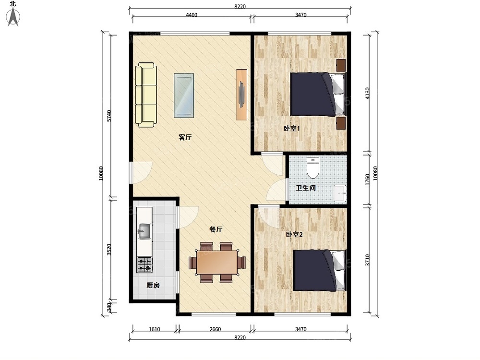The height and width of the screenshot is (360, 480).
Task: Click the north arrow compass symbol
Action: point(13,17)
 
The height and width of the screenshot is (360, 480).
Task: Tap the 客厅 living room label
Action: point(185,137)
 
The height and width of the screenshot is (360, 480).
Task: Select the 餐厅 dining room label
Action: point(216,229)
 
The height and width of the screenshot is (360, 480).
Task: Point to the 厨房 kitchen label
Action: point(153,285)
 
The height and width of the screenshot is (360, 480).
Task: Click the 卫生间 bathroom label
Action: point(305,188)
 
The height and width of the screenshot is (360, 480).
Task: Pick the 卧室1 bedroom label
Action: point(291,129)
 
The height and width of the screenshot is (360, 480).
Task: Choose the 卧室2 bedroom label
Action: point(294,235)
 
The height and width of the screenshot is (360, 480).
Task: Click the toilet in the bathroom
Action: point(313,168)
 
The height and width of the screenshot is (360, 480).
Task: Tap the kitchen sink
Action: point(144,231)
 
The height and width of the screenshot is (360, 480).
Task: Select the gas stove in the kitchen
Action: point(144,264)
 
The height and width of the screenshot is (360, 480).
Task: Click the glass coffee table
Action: point(184,95)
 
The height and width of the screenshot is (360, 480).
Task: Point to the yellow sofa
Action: point(146,95)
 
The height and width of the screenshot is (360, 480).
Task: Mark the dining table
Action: point(217,263)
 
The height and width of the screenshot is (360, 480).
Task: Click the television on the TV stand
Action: point(241,94)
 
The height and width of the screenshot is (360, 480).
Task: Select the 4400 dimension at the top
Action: point(192,15)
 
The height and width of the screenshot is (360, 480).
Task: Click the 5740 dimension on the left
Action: point(109,116)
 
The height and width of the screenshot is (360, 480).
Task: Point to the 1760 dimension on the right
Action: point(367,180)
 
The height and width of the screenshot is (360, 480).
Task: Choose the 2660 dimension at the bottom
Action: point(215,329)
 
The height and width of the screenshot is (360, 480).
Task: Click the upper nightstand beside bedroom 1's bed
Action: point(341,65)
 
